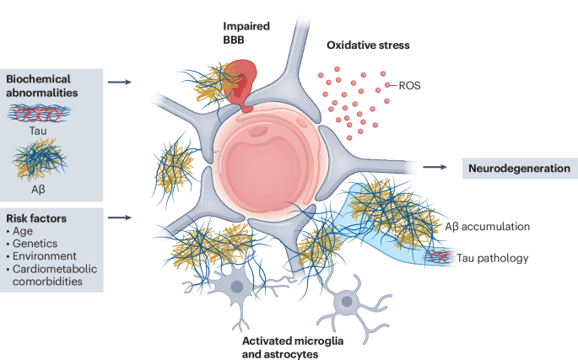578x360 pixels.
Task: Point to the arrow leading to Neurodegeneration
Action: [x=435, y=168]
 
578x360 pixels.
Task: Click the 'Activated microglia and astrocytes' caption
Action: [x=292, y=347]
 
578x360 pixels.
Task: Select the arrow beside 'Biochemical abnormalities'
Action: [x=122, y=83]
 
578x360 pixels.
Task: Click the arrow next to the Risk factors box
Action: [x=122, y=218]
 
